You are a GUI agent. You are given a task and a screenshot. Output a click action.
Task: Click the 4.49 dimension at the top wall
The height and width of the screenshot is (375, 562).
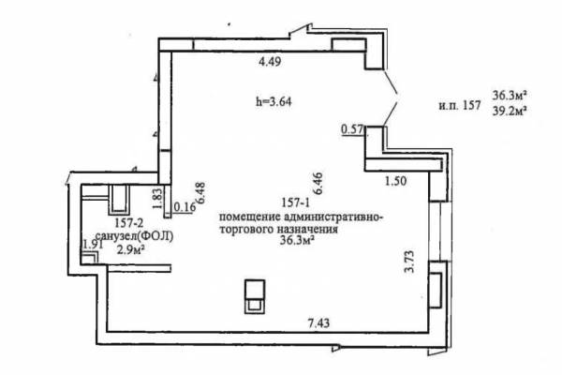tap(270, 62)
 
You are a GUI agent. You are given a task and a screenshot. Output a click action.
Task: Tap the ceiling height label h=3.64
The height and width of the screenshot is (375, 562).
tap(274, 102)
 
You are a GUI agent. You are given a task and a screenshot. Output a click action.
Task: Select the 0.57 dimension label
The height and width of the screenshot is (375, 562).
tap(353, 129)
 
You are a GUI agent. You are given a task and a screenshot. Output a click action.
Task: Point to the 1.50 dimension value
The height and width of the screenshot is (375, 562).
tap(395, 181)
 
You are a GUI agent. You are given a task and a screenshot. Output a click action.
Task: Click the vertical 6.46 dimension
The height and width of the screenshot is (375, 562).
tap(318, 184)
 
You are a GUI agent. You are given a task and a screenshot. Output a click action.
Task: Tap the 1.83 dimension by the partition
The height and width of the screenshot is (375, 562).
tap(157, 199)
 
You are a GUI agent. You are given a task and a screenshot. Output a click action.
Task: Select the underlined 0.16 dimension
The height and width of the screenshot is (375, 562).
tap(185, 207)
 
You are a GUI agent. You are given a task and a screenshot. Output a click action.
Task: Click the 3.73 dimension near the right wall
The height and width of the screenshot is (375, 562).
tap(409, 262)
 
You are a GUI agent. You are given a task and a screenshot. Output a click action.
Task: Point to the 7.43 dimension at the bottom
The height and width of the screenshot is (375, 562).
tap(318, 323)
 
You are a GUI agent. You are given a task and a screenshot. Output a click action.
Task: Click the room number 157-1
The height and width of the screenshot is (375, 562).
tap(295, 203)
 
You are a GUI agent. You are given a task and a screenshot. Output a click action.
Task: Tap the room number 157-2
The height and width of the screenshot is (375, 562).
tap(129, 223)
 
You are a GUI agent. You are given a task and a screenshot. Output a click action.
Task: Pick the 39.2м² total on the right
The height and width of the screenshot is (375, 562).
tap(510, 112)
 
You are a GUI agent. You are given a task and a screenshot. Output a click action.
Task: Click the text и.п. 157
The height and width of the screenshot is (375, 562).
tap(460, 106)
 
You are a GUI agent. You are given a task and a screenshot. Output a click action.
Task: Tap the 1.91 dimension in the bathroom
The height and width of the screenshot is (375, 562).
tap(93, 245)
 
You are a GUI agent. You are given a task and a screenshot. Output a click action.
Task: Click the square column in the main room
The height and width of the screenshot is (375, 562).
tap(255, 297)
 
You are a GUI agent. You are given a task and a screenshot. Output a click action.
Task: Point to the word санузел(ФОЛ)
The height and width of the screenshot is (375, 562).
tap(135, 236)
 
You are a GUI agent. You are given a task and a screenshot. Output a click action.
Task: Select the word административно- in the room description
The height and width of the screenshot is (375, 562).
tap(333, 217)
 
